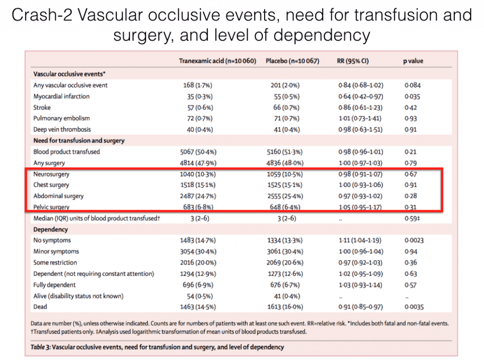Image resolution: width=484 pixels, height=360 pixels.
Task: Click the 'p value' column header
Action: point(413,61)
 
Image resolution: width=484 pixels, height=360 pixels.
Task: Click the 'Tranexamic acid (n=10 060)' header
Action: point(217,61)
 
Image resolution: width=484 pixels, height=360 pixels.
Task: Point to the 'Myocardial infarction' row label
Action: point(61,96)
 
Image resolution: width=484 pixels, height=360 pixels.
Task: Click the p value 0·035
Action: point(413,96)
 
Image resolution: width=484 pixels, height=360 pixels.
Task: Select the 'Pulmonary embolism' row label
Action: point(61,118)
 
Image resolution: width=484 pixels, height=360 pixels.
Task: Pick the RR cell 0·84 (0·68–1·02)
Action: point(361,86)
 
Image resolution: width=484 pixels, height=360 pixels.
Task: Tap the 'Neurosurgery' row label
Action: point(51,174)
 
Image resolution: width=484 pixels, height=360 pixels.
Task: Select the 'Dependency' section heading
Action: point(51,230)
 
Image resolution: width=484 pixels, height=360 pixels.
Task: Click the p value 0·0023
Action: point(415,240)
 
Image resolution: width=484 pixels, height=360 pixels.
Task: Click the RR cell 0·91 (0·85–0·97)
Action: point(361,307)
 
